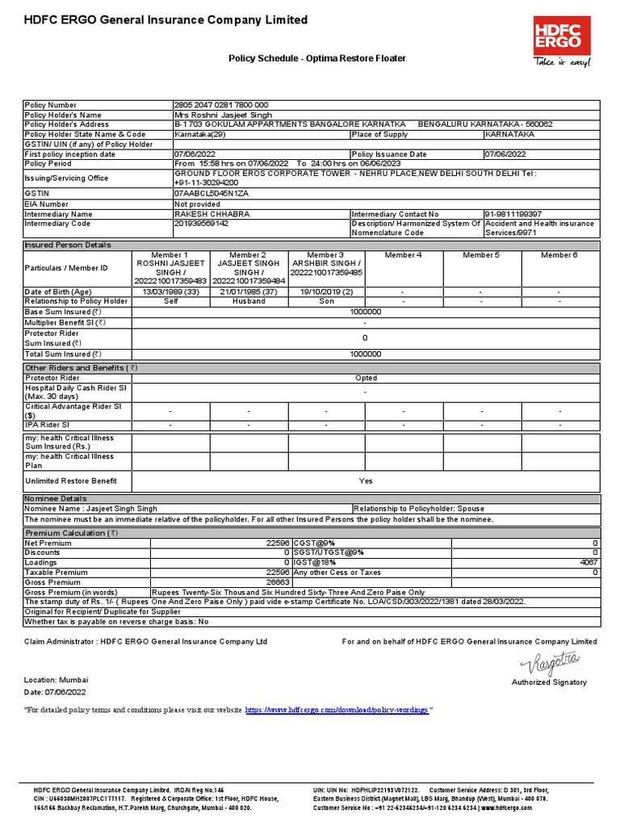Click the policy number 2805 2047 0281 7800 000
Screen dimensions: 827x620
tap(221, 105)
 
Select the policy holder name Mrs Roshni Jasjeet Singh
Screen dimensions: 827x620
tap(223, 115)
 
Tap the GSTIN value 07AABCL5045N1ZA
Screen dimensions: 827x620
tap(212, 195)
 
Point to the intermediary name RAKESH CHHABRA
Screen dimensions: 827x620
tap(212, 214)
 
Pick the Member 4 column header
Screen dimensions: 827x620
tap(403, 255)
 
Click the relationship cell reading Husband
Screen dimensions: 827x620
tap(249, 301)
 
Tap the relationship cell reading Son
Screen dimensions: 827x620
tap(325, 301)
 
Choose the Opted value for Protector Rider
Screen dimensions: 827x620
tap(366, 378)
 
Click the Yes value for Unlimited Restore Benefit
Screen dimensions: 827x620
tap(366, 481)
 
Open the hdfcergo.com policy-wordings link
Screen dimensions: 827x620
tap(337, 709)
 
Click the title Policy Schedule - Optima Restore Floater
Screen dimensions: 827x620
tap(317, 59)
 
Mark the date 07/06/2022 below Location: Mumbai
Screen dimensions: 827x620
tap(61, 692)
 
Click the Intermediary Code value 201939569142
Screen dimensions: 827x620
tap(202, 224)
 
